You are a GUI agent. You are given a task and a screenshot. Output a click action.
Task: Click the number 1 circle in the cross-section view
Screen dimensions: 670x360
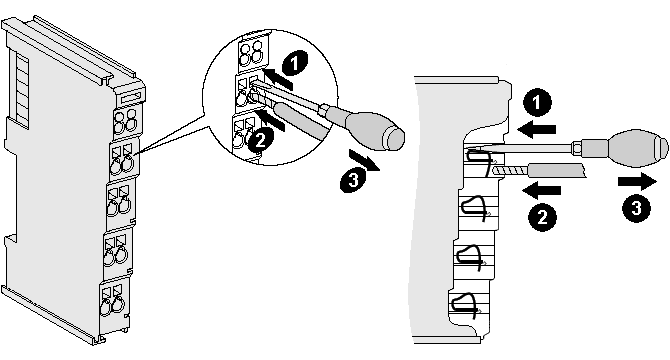click(x=539, y=102)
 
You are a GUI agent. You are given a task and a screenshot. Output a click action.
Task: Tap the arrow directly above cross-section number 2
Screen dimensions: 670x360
click(x=541, y=187)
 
